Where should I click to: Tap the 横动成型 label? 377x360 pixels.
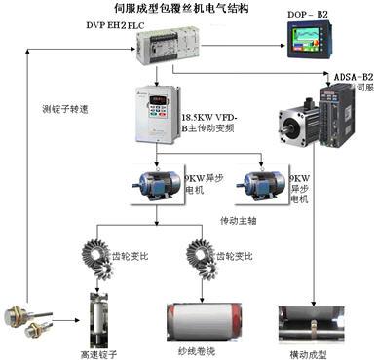pos(308,350)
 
